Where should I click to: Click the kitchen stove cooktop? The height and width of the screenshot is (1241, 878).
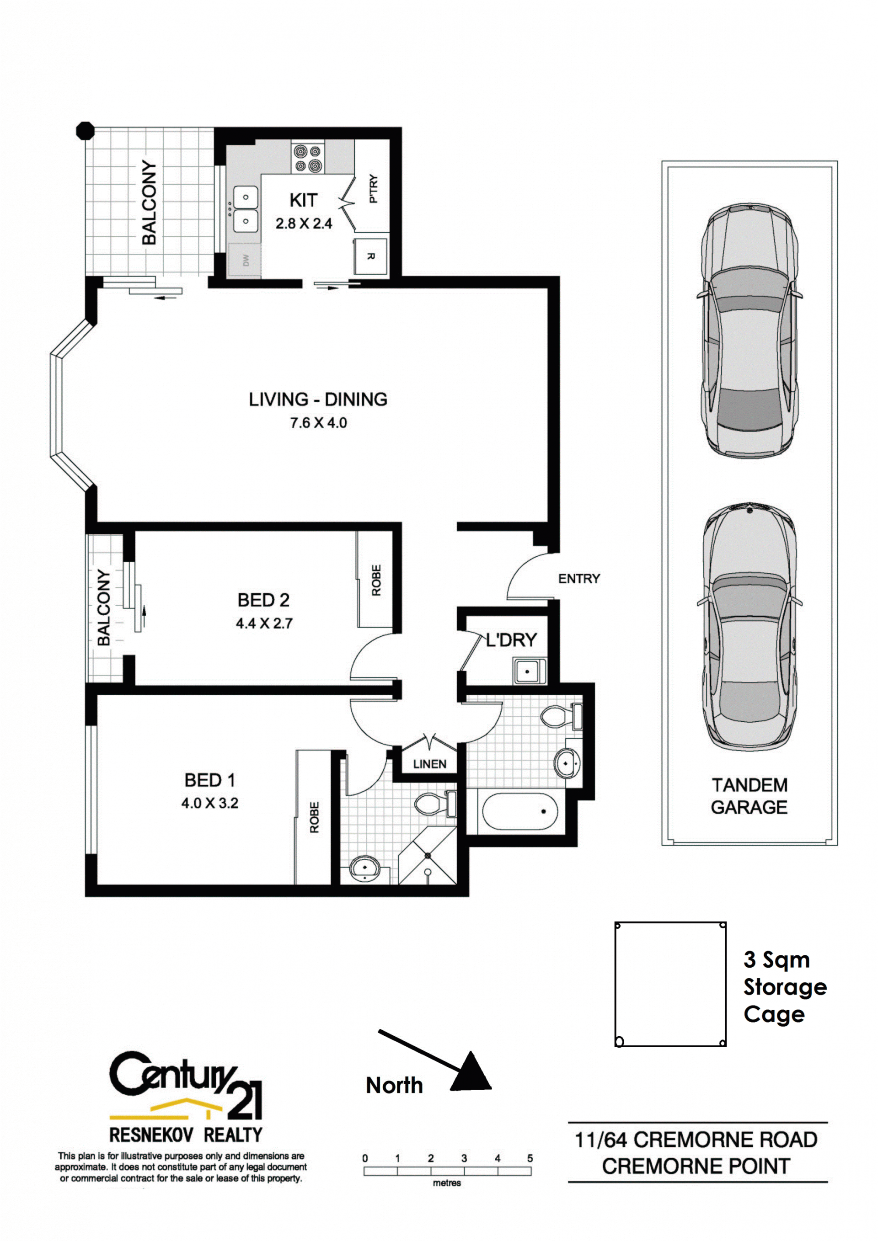pos(308,158)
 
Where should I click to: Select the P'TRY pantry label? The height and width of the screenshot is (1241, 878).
pos(374,189)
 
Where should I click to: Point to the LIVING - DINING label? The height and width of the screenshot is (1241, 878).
pos(318,399)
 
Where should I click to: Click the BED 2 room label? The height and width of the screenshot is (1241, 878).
pos(264,600)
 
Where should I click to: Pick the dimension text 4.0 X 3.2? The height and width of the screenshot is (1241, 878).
pos(210,803)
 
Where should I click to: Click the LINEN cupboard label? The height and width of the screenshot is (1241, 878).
pos(430,764)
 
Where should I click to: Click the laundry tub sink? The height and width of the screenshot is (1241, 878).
pos(529,671)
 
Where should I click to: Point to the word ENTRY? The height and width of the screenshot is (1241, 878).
pos(579,579)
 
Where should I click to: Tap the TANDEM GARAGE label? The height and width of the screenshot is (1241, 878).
pos(750,796)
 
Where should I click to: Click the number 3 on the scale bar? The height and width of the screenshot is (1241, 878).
pos(464,1158)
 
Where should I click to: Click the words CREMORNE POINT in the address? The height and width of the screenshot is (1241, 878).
pos(696,1166)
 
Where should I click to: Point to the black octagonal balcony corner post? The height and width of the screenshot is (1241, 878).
pos(85,131)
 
